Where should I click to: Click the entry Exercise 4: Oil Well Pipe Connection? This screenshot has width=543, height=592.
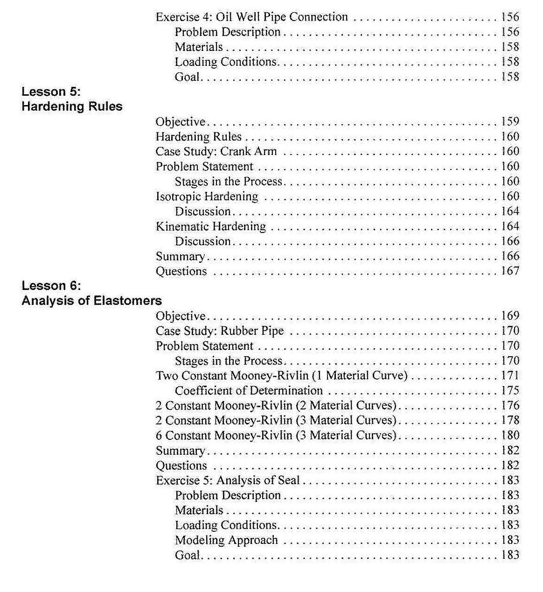coord(251,17)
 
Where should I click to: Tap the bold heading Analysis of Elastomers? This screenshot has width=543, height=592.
coord(91,301)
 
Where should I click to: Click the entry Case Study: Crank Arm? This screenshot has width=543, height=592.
coord(216,152)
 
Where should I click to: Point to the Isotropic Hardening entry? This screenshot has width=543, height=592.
coord(207,197)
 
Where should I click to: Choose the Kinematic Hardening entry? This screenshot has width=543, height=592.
coord(210,226)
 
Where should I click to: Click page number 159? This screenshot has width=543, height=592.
coord(510,122)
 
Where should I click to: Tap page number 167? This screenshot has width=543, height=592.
coord(510,271)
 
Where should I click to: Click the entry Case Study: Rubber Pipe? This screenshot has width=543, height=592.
coord(220,331)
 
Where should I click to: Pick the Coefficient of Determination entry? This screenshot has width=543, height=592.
coord(249,391)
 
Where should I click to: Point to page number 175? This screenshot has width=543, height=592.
coord(510,391)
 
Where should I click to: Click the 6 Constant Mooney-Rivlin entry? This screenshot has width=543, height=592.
coord(276,436)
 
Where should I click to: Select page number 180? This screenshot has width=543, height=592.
coord(510,436)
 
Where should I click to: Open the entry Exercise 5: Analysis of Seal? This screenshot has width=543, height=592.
coord(228,480)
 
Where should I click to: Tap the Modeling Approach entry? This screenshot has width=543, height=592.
coord(226,540)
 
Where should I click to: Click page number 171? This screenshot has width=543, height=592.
coord(510,376)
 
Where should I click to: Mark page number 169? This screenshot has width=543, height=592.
coord(510,316)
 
